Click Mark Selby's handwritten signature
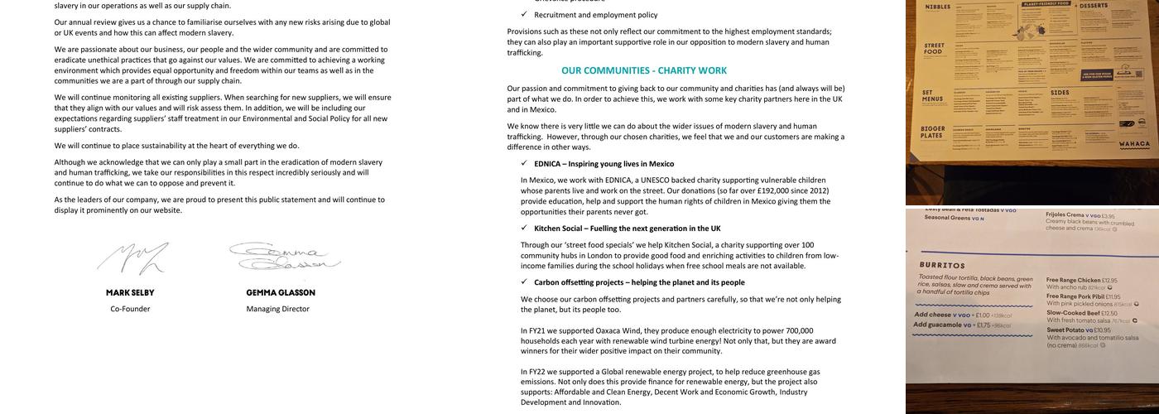(132, 258)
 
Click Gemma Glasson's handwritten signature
(284, 256)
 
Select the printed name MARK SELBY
(130, 293)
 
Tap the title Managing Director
(277, 309)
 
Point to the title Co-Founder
(130, 309)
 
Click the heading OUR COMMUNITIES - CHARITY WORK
(643, 71)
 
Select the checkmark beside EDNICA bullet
(524, 163)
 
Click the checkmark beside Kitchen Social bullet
(524, 228)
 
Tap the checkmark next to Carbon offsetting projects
(524, 282)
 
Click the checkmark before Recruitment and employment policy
(524, 14)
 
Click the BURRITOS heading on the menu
(941, 266)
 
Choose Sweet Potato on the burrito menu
(1065, 330)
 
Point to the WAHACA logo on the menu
(1133, 143)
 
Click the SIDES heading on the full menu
(1060, 93)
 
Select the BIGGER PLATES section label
(932, 132)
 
